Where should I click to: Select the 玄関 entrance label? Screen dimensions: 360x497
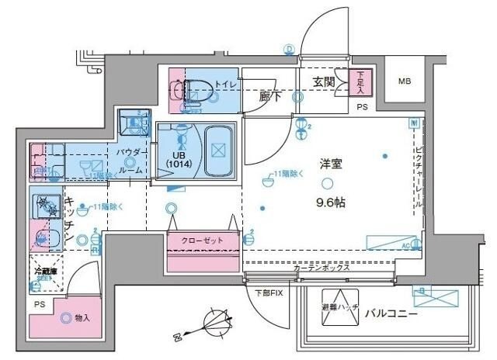click(324, 81)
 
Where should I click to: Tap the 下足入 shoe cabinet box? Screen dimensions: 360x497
click(362, 81)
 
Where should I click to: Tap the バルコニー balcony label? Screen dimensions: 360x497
click(392, 315)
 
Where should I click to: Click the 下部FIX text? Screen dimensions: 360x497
click(269, 292)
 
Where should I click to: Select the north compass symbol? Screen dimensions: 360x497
click(210, 323)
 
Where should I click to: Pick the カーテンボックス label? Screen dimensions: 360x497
click(321, 268)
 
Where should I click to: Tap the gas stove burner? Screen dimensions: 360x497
click(46, 206)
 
